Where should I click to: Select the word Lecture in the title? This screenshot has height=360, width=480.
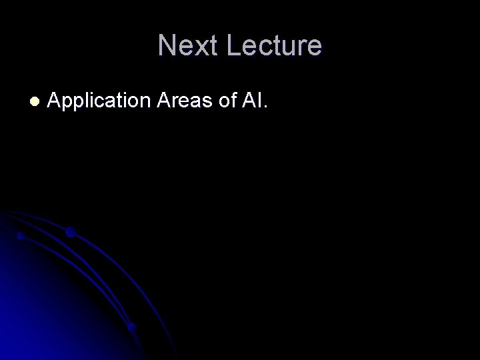[x=274, y=45]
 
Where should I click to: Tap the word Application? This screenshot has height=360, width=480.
[x=101, y=102]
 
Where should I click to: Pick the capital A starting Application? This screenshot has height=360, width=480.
[x=55, y=101]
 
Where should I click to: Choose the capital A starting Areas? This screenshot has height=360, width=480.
[x=165, y=101]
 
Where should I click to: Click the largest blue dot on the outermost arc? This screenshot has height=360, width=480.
[x=69, y=233]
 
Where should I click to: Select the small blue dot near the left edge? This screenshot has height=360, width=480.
[x=21, y=235]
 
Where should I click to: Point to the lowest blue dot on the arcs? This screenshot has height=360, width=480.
[x=132, y=327]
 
